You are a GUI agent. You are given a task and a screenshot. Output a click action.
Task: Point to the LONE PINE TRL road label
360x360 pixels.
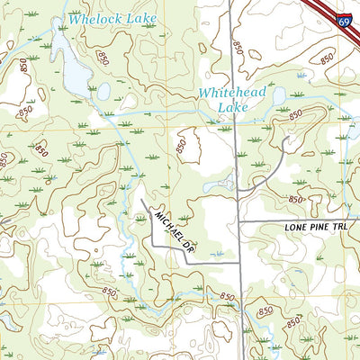315,229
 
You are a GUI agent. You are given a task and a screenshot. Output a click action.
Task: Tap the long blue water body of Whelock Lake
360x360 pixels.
74,67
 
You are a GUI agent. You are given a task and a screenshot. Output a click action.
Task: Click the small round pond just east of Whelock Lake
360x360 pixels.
105,91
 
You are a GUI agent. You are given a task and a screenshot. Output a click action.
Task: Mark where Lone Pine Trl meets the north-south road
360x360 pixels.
238,220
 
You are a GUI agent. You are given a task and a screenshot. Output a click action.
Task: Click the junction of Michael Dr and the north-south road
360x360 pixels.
239,262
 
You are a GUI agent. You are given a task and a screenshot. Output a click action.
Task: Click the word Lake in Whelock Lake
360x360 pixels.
142,19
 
